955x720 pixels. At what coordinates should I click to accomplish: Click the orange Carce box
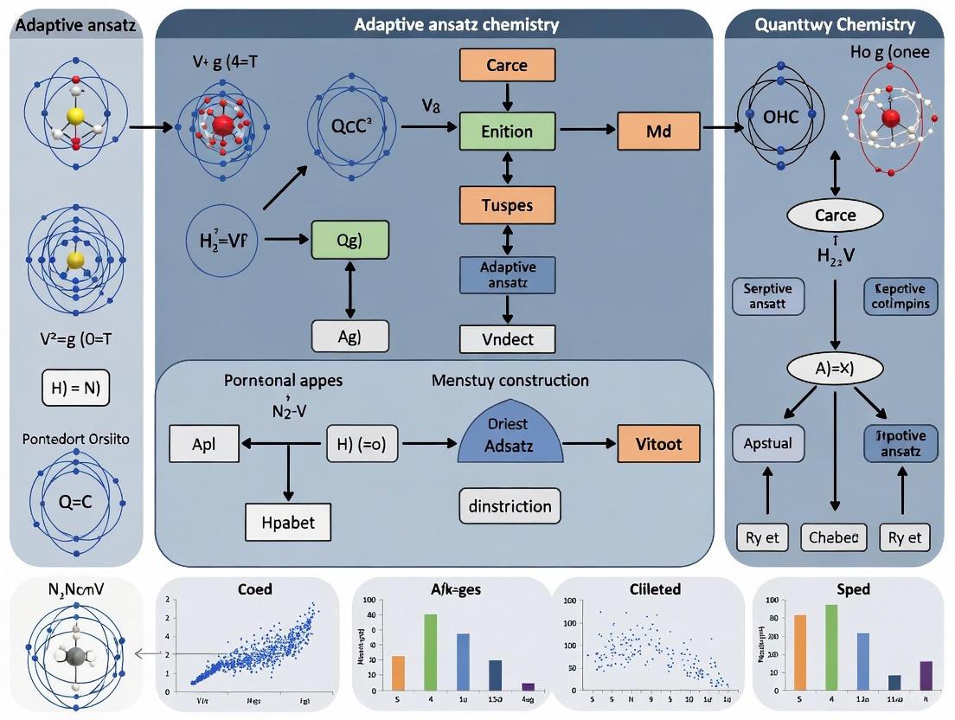pos(506,66)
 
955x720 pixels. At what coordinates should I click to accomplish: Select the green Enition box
pos(506,132)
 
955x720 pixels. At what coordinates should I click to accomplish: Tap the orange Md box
pos(658,132)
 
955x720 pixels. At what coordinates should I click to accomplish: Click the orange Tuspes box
pos(506,206)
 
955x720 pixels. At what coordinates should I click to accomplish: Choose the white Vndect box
pos(508,339)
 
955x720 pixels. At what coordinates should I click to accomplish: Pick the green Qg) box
pos(349,240)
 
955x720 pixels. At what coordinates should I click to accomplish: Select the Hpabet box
pos(288,522)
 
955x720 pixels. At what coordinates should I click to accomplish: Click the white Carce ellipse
pos(835,215)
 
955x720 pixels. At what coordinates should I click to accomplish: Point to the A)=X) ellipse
pos(835,368)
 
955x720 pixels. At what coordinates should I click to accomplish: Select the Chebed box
pos(834,537)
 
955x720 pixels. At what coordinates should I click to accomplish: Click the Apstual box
pos(767,443)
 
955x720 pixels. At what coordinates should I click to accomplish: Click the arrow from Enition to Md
pos(587,132)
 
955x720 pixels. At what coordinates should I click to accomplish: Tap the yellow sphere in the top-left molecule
pos(76,115)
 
